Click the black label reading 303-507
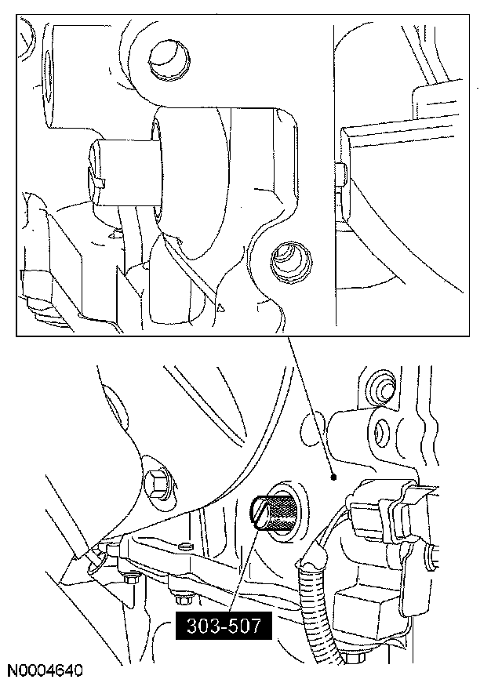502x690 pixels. [224, 626]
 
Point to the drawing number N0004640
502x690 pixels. [45, 670]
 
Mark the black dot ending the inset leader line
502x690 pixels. [333, 477]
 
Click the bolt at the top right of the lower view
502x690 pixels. [382, 386]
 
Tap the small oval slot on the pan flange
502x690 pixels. [185, 546]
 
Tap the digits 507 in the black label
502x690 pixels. [244, 626]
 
